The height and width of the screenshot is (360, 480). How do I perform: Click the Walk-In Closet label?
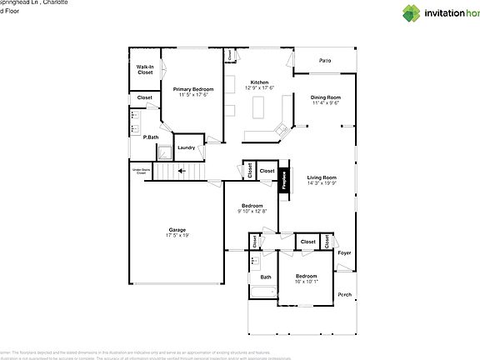(145, 69)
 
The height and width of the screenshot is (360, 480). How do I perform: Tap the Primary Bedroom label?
(193, 88)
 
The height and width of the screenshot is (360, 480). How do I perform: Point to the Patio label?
(325, 61)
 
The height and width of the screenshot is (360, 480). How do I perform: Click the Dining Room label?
(325, 97)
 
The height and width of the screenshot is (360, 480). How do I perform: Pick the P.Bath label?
(151, 137)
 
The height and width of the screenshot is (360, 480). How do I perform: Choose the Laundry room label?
(186, 147)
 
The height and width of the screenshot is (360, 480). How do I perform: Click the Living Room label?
(322, 177)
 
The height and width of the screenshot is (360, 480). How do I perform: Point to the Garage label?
(177, 230)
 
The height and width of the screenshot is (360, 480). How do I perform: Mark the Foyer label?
(344, 252)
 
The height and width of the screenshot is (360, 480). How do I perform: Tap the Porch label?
(344, 294)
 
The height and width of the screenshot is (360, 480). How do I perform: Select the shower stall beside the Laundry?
(165, 151)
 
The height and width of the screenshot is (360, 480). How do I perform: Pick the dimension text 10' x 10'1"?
(306, 282)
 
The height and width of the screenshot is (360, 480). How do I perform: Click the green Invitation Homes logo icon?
(412, 12)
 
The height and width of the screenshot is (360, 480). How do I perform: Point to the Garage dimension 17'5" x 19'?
(177, 236)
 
